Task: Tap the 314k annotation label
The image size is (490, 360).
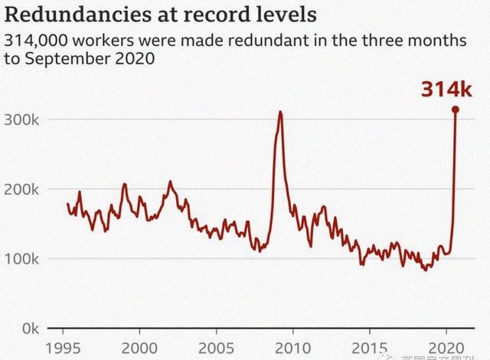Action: [447, 89]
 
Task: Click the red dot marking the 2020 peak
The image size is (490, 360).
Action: [456, 110]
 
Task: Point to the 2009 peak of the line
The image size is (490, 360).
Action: [280, 113]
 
